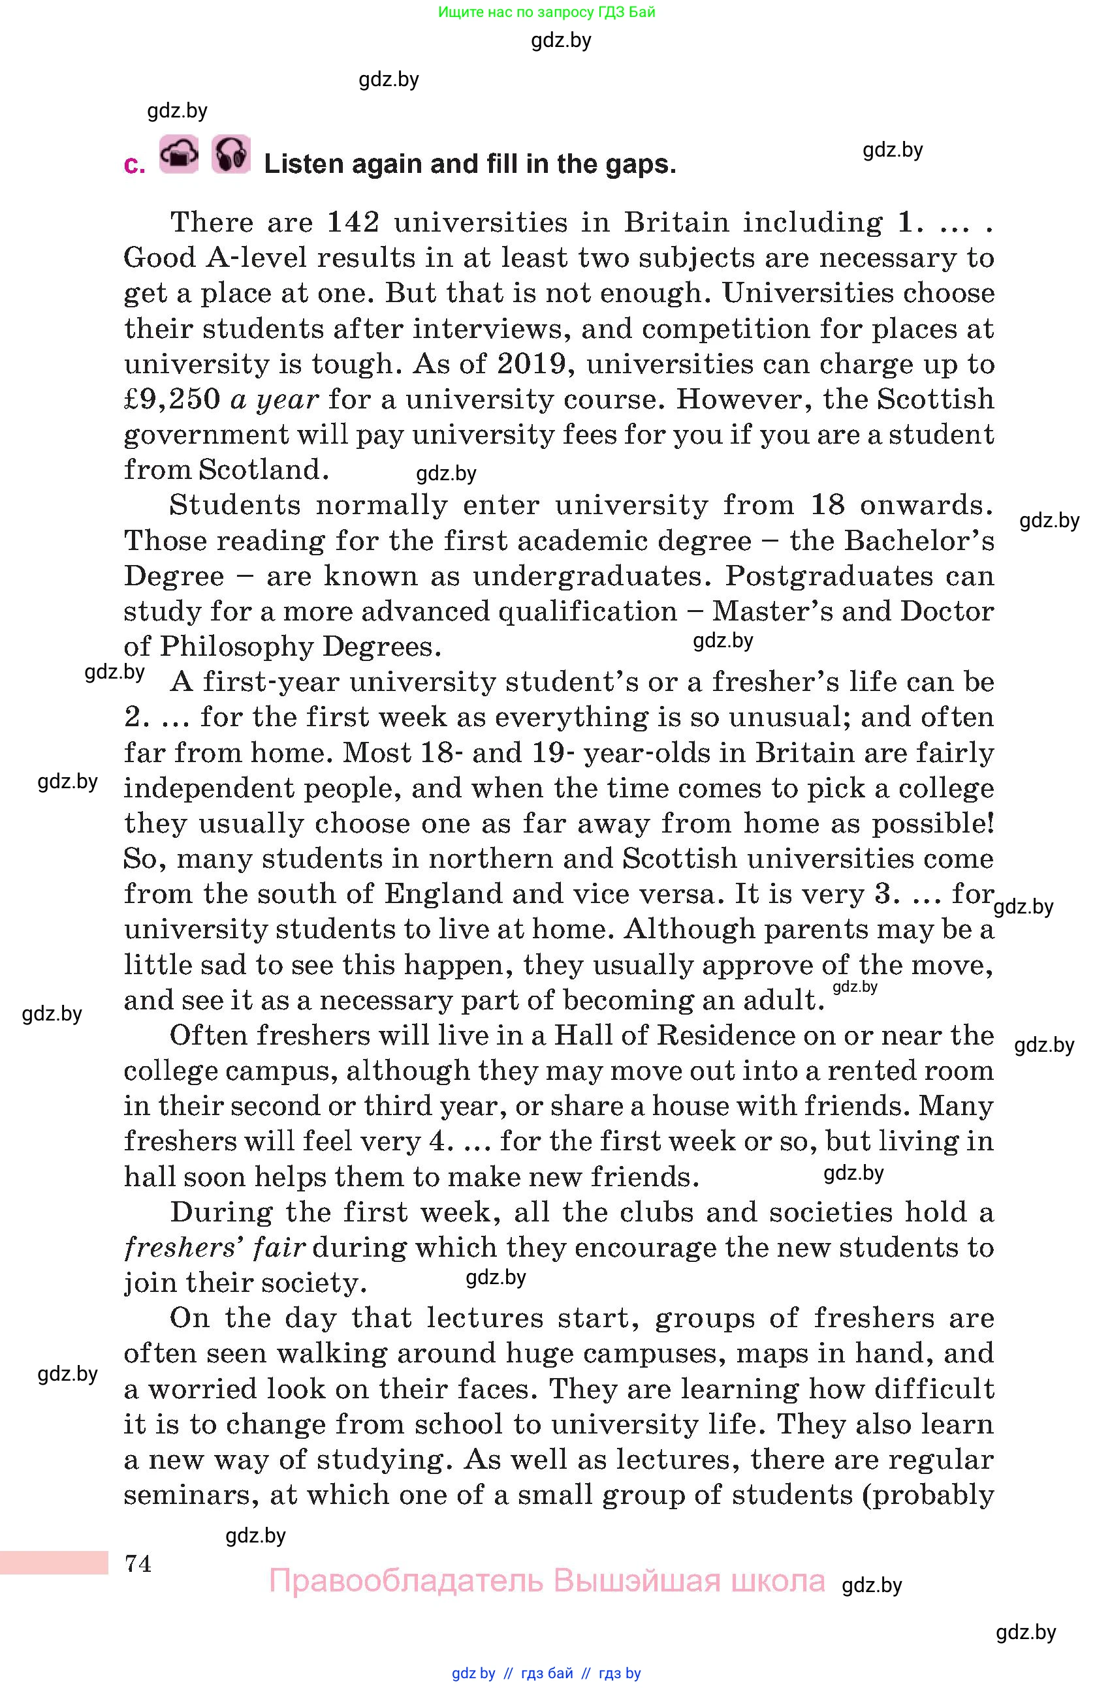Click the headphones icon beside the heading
click(230, 155)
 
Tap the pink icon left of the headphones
click(179, 155)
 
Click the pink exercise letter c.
click(133, 165)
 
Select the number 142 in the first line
click(353, 223)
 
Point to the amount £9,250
click(172, 399)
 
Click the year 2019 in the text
click(532, 364)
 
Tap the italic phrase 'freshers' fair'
click(215, 1248)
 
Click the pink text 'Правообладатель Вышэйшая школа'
click(547, 1581)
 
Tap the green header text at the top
click(547, 12)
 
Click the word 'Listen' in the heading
click(303, 164)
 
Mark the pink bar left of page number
click(54, 1563)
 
